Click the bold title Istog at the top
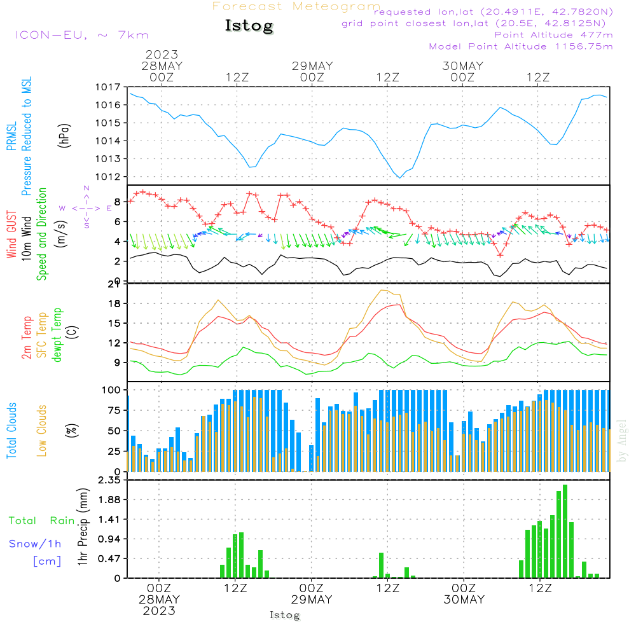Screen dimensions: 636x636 pos(249,26)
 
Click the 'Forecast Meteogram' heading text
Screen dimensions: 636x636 pos(296,6)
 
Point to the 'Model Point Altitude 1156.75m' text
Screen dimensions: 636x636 pos(521,46)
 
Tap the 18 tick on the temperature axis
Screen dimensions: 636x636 pos(114,303)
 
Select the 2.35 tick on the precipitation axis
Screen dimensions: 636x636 pos(109,480)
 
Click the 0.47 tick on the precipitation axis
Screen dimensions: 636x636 pos(109,558)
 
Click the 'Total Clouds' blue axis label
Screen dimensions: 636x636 pos(12,431)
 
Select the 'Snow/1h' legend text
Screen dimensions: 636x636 pos(35,544)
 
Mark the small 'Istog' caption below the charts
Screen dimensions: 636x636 pos(284,615)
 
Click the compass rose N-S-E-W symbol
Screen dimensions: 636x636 pos(86,207)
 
